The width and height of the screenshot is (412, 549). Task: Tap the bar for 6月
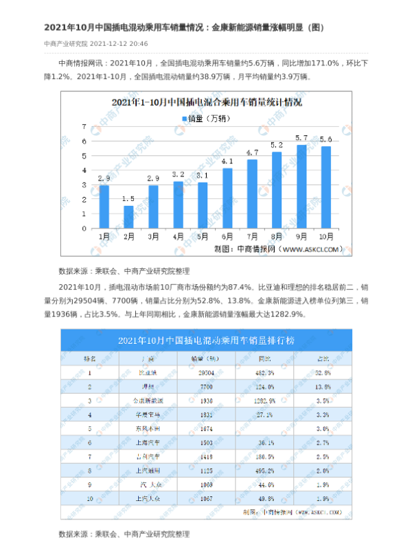click(x=227, y=198)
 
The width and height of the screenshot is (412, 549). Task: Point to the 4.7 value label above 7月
click(x=251, y=152)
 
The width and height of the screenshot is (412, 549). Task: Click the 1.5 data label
click(x=128, y=199)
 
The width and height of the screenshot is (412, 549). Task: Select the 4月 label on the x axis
click(x=178, y=237)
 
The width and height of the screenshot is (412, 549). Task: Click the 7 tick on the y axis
click(x=84, y=127)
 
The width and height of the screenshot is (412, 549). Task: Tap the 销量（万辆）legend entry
click(x=206, y=119)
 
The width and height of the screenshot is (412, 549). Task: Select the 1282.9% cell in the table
click(x=264, y=399)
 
